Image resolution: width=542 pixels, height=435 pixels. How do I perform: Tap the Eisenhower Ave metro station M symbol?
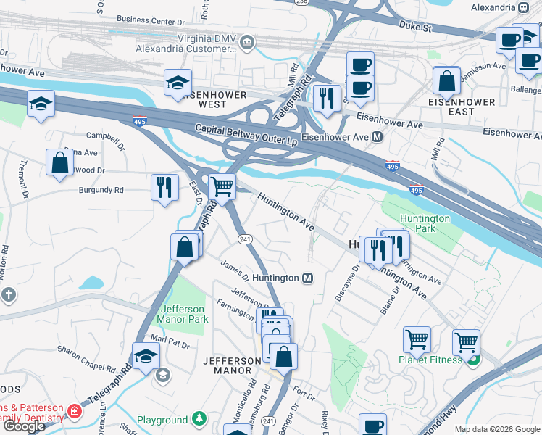377,137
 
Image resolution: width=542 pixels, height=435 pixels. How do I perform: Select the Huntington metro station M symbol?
307,278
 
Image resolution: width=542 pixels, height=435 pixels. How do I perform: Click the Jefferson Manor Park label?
183,314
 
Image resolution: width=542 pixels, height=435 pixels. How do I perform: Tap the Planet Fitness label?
429,360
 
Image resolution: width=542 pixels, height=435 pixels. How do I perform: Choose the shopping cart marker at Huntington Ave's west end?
222,186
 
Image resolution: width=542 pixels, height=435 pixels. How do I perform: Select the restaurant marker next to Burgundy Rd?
164,188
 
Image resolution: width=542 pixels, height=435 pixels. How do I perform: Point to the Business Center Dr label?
146,20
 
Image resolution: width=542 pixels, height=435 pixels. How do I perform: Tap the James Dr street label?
235,272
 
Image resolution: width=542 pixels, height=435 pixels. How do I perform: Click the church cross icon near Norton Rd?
8,294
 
